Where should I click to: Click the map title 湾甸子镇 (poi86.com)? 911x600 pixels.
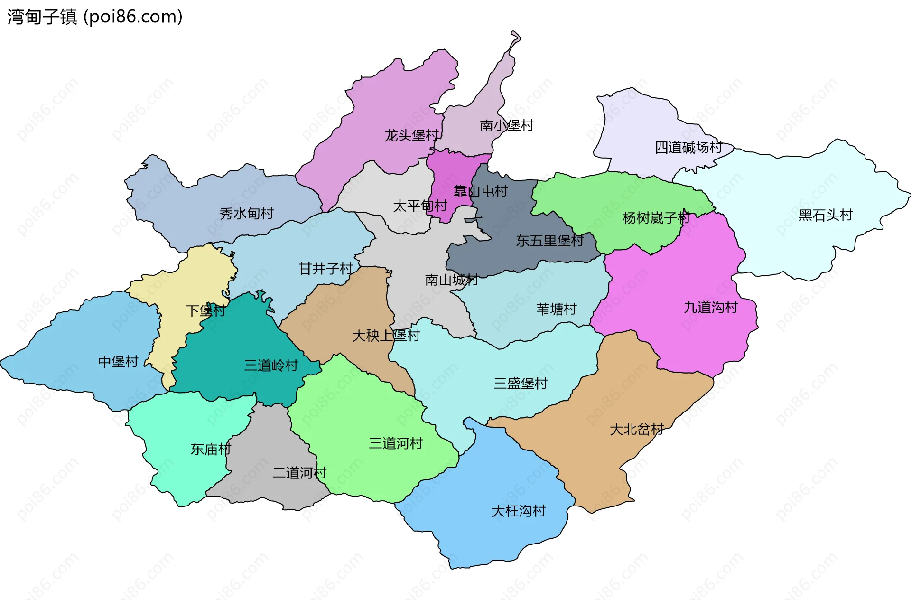(x=95, y=17)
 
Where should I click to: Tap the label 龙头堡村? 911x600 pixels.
(x=411, y=136)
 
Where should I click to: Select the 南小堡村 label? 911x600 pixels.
(x=507, y=125)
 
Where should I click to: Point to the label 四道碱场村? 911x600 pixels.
(x=688, y=148)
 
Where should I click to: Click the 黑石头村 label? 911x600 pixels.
(x=826, y=215)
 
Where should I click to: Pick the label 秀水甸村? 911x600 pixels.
(x=246, y=214)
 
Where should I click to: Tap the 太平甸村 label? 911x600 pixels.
(x=420, y=206)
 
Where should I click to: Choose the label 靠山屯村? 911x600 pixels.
(x=481, y=191)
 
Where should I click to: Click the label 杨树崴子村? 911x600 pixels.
(x=656, y=218)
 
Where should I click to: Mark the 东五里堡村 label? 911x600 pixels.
(x=549, y=241)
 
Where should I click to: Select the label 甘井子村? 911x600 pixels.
(x=325, y=269)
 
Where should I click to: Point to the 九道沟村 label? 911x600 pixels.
(x=711, y=308)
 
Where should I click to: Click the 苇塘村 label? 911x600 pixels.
(x=557, y=309)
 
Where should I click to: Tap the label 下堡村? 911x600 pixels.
(x=205, y=311)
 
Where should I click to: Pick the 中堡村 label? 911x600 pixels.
(x=118, y=362)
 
